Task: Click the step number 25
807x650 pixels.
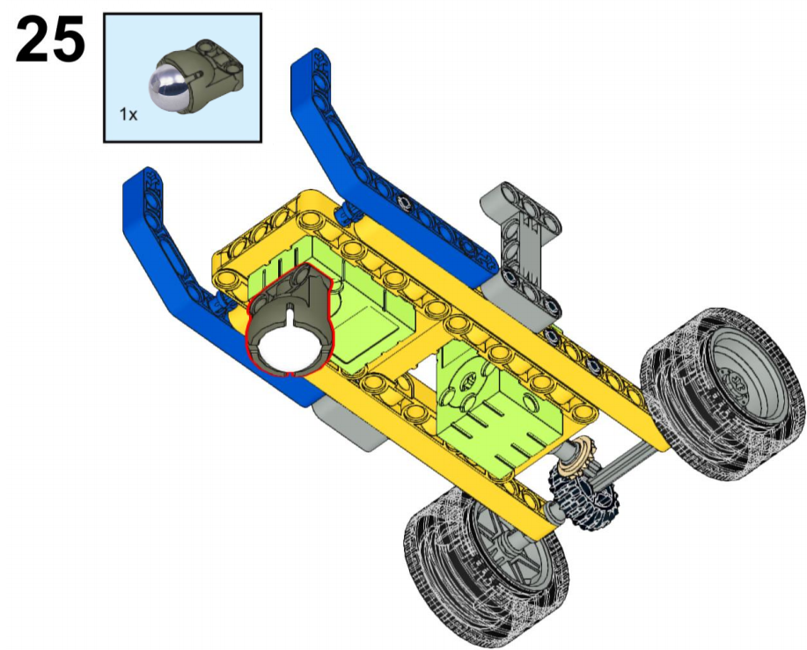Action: click(50, 40)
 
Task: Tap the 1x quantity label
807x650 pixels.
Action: click(128, 114)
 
